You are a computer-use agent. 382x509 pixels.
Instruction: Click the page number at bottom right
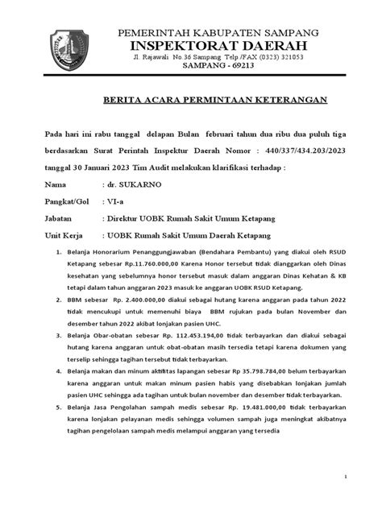(344, 477)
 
